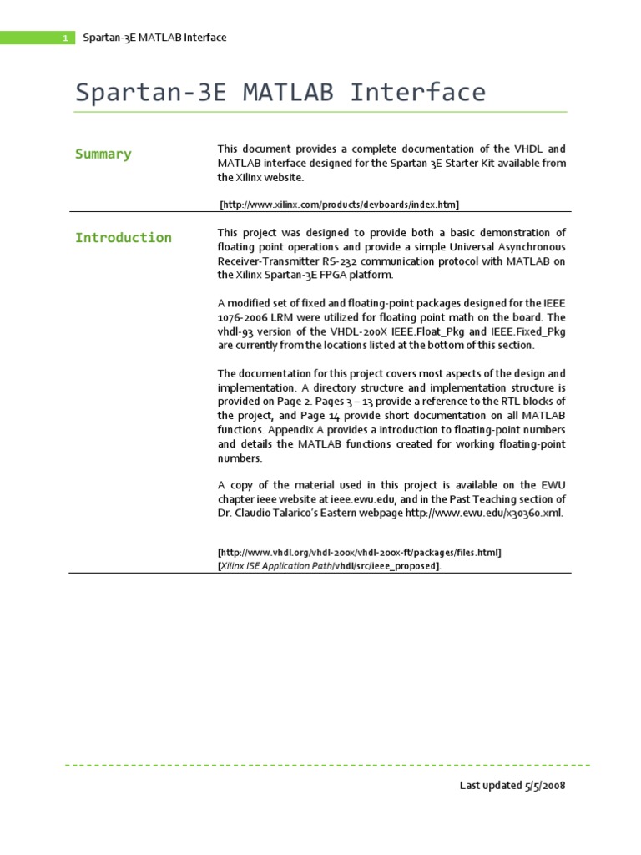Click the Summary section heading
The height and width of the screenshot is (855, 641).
pos(103,154)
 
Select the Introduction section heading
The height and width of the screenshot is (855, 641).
pos(123,238)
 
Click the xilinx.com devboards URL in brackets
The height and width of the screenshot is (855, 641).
pos(339,204)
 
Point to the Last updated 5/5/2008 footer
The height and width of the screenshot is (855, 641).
pos(513,786)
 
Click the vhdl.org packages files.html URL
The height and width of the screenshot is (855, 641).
pos(360,553)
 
